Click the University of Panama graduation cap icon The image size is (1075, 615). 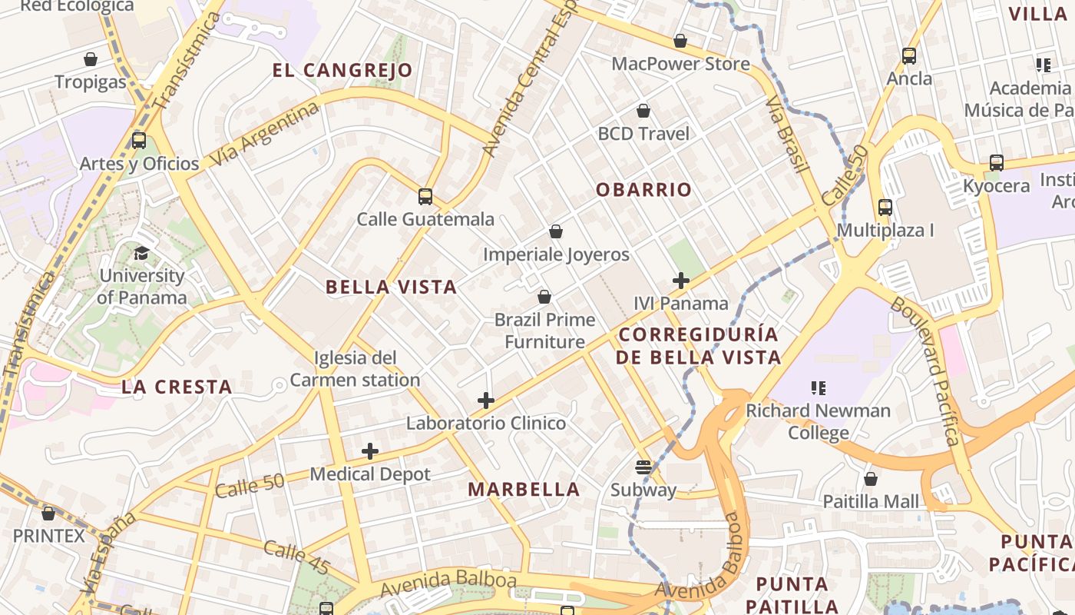coord(141,254)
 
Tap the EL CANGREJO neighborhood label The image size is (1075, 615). coord(342,71)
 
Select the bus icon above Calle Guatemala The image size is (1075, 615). coord(425,197)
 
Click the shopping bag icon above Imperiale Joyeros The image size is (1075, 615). coord(556,231)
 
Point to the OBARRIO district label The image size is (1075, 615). coord(643,190)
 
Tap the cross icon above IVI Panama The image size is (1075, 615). coord(680,281)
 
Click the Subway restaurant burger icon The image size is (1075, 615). coord(643,467)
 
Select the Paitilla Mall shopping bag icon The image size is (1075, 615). coord(870,479)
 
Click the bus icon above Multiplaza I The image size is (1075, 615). coord(885,208)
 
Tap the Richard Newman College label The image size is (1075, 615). coord(819,421)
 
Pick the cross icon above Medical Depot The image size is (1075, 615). coord(370,451)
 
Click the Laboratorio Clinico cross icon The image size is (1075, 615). coord(485,401)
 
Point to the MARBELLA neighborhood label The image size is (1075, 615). coord(524,490)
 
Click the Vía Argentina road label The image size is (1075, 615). coord(264,135)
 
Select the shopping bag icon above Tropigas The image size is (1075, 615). coord(91,59)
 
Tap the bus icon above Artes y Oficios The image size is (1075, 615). coord(139,141)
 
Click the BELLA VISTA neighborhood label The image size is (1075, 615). coord(391,288)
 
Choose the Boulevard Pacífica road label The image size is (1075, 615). coord(925,371)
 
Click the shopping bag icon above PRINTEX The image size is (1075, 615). coord(48,513)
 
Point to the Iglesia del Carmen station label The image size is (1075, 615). coord(355,369)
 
